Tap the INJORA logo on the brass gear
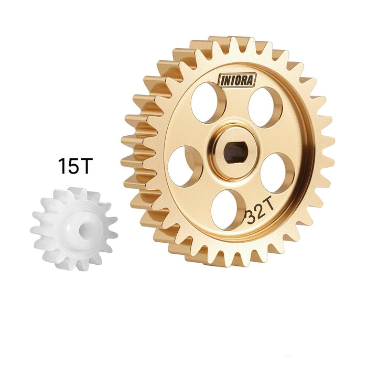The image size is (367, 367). pos(236,80)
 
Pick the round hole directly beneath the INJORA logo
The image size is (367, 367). pos(208,102)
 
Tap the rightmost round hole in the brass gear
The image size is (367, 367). pos(277,172)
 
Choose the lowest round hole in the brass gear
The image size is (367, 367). pos(228,208)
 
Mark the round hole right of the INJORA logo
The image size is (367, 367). pos(265,107)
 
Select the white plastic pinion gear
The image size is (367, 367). pos(74,229)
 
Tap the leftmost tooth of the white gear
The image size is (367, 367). pos(34,229)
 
